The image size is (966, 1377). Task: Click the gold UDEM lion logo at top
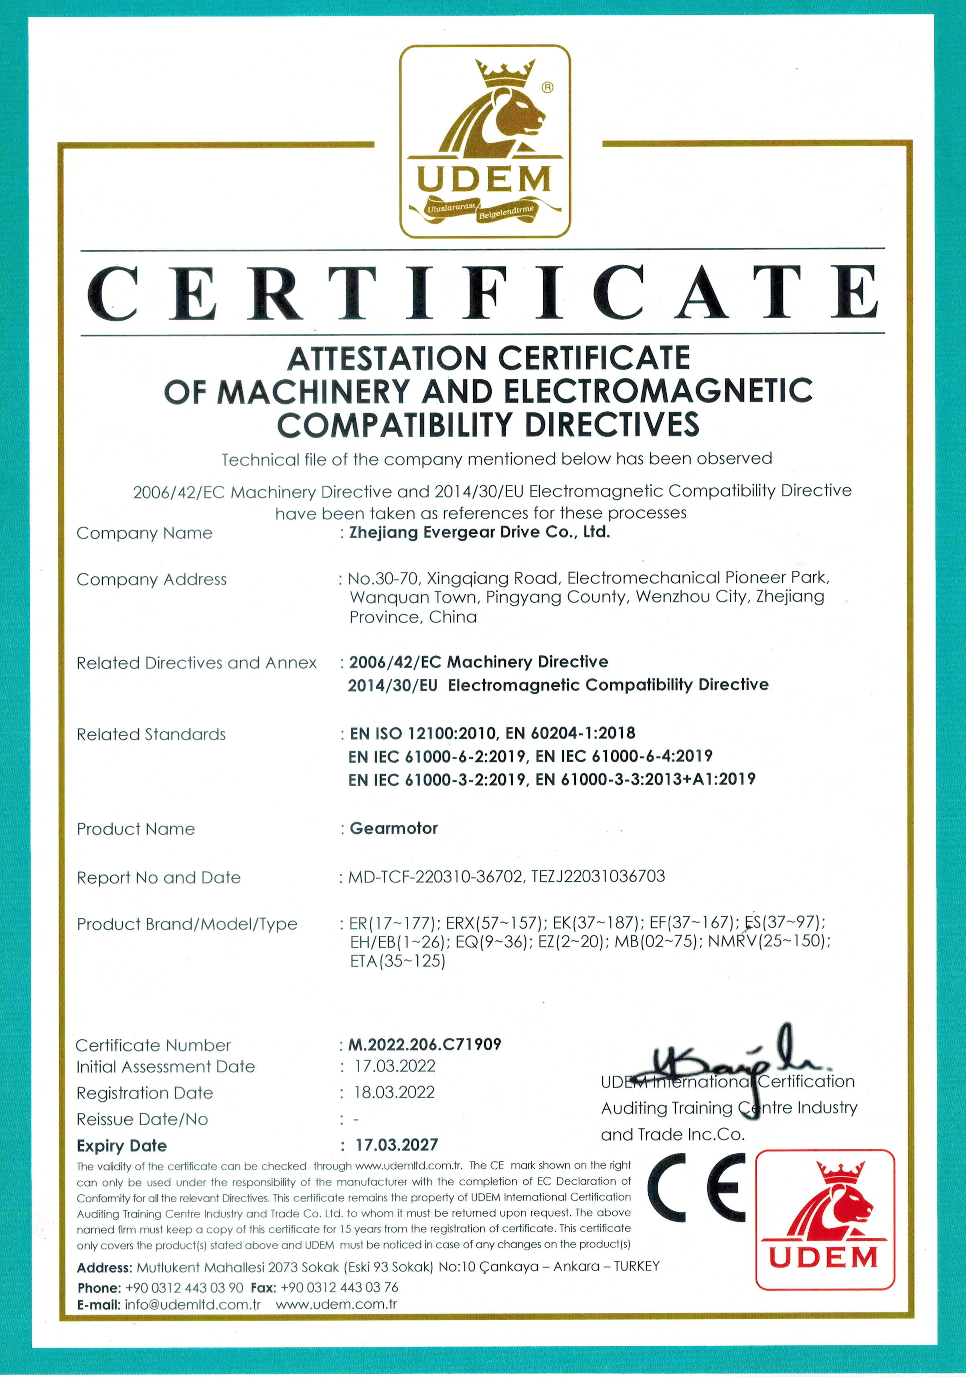coord(485,141)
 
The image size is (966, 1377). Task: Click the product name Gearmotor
coord(394,828)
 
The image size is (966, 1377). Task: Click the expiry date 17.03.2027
coord(397,1145)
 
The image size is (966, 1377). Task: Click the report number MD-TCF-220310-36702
coord(435,877)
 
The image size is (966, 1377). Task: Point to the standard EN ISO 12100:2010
coord(423,733)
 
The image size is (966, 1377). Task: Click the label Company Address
coord(151,579)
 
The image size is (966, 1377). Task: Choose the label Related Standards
coord(151,735)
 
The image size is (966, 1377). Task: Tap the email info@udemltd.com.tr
coord(192,1304)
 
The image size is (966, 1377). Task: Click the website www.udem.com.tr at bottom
coord(336,1304)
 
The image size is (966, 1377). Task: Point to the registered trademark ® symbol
coord(547,87)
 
